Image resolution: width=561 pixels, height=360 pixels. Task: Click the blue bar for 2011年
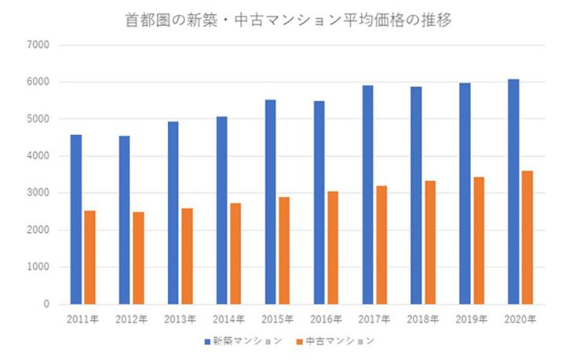pyautogui.click(x=75, y=220)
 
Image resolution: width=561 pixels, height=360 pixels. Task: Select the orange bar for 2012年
pyautogui.click(x=138, y=258)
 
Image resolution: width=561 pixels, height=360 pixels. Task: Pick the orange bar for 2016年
pyautogui.click(x=333, y=248)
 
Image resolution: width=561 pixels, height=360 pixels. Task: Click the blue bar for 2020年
pyautogui.click(x=513, y=191)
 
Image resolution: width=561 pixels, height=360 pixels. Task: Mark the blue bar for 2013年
pyautogui.click(x=173, y=213)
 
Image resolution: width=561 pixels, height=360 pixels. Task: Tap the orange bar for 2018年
pyautogui.click(x=430, y=242)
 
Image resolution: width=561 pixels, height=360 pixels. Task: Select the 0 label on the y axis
pyautogui.click(x=46, y=304)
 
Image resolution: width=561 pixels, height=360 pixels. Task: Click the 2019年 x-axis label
pyautogui.click(x=472, y=319)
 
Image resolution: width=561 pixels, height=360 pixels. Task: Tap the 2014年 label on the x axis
pyautogui.click(x=228, y=319)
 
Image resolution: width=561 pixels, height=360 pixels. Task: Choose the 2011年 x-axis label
pyautogui.click(x=82, y=319)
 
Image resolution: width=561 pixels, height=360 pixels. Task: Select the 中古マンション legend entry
pyautogui.click(x=333, y=341)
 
